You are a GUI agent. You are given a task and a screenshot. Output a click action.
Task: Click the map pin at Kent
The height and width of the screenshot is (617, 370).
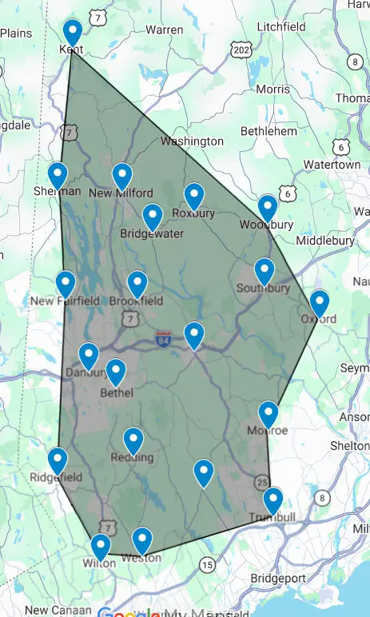(73, 32)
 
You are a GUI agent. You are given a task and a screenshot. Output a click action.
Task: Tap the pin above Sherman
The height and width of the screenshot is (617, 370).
(58, 174)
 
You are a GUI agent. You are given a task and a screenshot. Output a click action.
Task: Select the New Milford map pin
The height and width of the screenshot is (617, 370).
(121, 175)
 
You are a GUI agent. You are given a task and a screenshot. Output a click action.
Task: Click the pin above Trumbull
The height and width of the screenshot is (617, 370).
(273, 500)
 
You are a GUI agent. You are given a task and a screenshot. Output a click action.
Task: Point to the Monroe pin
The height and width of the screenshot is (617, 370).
(269, 413)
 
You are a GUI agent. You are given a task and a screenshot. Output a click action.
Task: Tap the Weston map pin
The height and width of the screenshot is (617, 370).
(141, 539)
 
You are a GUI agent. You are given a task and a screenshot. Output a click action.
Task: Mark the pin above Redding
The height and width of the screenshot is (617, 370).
(133, 440)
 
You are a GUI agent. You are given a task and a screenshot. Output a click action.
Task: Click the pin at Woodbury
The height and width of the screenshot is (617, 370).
(268, 207)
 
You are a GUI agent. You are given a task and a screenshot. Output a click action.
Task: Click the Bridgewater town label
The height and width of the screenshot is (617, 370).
(152, 234)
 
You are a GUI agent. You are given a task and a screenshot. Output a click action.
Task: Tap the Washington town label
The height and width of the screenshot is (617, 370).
(192, 141)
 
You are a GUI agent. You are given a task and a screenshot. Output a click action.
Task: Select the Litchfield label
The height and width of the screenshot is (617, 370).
(281, 27)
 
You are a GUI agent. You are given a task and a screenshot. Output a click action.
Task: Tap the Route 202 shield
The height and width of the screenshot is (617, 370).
(241, 50)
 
